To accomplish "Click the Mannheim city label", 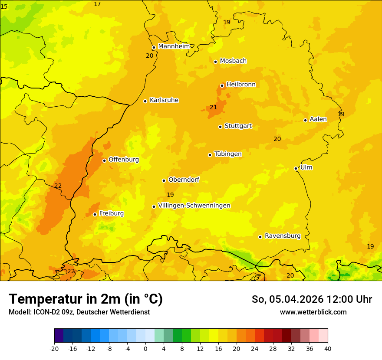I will click(174, 46).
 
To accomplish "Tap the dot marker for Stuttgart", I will click(221, 127).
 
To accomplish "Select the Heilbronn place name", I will click(241, 84).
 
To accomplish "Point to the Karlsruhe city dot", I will click(145, 101).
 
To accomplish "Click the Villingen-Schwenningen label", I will click(194, 206).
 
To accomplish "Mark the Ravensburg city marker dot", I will click(260, 237).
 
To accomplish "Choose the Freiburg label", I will click(111, 213).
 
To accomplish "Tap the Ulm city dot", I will click(296, 168).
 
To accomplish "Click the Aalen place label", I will click(318, 119).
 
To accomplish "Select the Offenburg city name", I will click(124, 160).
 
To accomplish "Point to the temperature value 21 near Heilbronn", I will click(213, 107).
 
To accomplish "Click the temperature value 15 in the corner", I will click(4, 7).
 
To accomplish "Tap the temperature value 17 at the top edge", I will click(97, 4).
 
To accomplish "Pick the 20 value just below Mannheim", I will click(149, 56).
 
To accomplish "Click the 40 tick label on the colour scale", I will click(327, 348).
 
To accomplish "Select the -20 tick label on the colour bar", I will click(54, 348).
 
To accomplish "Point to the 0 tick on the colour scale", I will click(145, 348).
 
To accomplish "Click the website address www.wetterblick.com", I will click(313, 312).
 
